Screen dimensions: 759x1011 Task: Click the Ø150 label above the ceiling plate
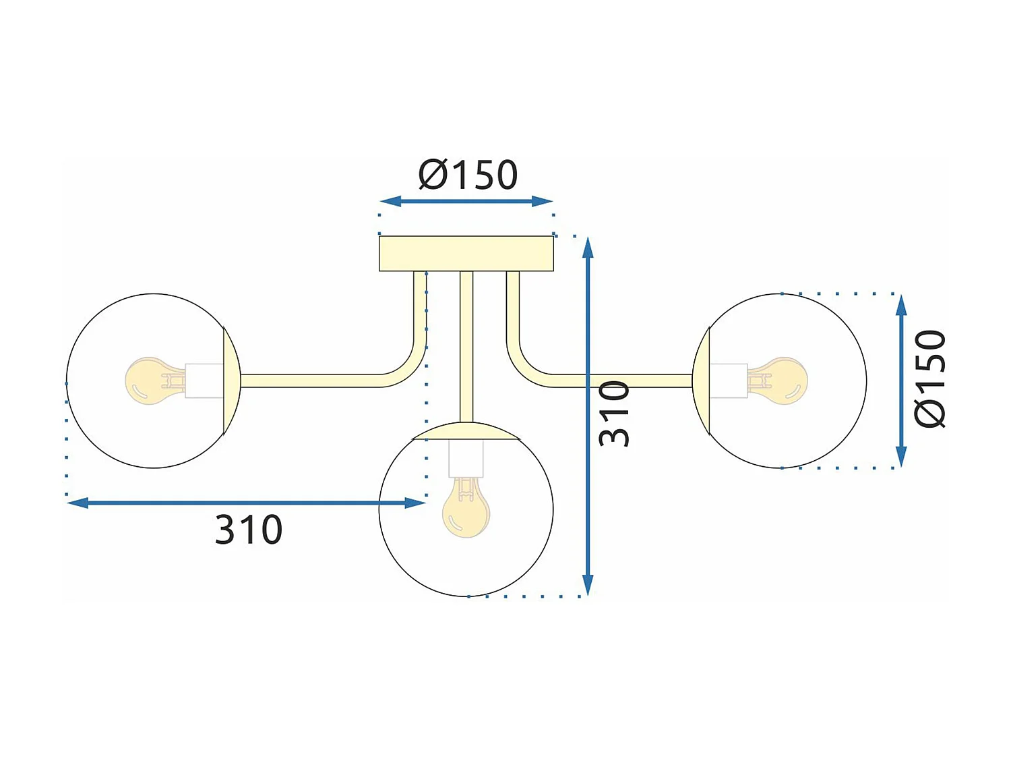(468, 175)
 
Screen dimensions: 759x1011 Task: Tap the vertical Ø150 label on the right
(930, 378)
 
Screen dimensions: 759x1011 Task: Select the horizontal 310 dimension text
(248, 530)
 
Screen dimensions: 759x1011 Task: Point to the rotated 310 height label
(614, 413)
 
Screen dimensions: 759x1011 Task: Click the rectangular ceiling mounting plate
(466, 254)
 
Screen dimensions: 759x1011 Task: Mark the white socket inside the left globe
(204, 381)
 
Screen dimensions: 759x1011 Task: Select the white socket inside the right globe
(729, 381)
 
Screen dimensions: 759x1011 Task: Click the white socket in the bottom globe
(466, 459)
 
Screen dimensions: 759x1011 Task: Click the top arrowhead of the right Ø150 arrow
(901, 306)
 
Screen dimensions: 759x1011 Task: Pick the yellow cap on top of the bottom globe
(466, 431)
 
